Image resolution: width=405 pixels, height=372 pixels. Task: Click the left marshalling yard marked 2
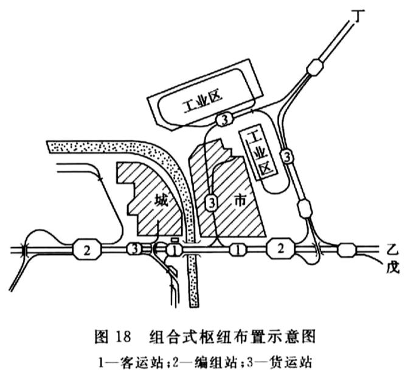tap(87, 250)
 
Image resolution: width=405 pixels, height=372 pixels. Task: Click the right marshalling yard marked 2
tap(280, 248)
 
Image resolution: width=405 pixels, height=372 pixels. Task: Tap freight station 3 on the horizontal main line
tap(134, 249)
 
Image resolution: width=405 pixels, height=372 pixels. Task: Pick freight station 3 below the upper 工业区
tap(225, 120)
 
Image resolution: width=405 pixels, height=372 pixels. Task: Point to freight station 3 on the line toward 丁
tap(287, 156)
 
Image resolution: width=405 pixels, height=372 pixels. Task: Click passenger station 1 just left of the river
tap(175, 250)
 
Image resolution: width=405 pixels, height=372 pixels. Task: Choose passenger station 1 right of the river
tap(238, 250)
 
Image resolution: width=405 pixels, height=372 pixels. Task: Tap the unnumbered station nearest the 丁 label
tap(314, 68)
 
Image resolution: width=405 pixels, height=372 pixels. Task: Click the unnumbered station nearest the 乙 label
tap(347, 250)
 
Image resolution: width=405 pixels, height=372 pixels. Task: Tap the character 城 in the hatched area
tap(162, 200)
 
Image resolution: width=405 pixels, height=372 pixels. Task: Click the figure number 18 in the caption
tap(121, 336)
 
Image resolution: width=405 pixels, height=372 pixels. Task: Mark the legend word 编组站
tap(216, 362)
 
